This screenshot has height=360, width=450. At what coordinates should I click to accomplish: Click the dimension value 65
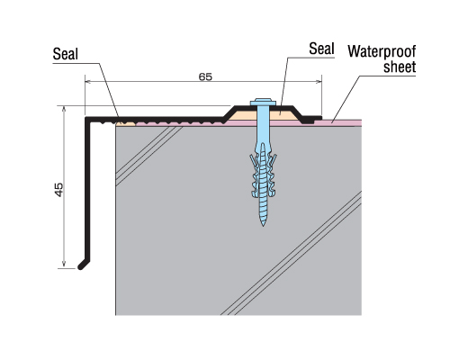tap(205, 77)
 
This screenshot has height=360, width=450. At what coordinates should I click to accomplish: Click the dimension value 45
tap(59, 190)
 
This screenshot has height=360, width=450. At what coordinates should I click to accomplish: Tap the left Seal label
tap(66, 54)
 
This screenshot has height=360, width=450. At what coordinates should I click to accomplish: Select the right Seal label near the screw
tap(321, 49)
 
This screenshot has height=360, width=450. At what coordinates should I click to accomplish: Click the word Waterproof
tap(382, 51)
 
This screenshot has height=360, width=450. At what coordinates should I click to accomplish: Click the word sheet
tap(400, 67)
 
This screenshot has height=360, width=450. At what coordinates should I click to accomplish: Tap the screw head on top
tap(263, 102)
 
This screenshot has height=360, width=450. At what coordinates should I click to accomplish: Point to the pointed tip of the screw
tap(263, 225)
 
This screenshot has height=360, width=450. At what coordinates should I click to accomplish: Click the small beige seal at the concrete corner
tap(126, 123)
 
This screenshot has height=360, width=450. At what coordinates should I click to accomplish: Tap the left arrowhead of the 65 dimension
tap(88, 81)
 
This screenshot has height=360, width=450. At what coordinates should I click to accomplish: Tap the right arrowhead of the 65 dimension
tap(319, 81)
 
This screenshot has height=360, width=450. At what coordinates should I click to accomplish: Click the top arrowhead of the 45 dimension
tap(64, 109)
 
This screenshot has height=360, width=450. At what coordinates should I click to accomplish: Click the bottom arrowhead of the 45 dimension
tap(64, 265)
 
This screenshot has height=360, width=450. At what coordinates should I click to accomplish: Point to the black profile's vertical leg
tap(87, 189)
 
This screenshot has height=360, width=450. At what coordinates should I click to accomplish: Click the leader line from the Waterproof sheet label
tap(345, 99)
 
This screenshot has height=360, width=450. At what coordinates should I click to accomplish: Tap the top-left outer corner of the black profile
tap(85, 117)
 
